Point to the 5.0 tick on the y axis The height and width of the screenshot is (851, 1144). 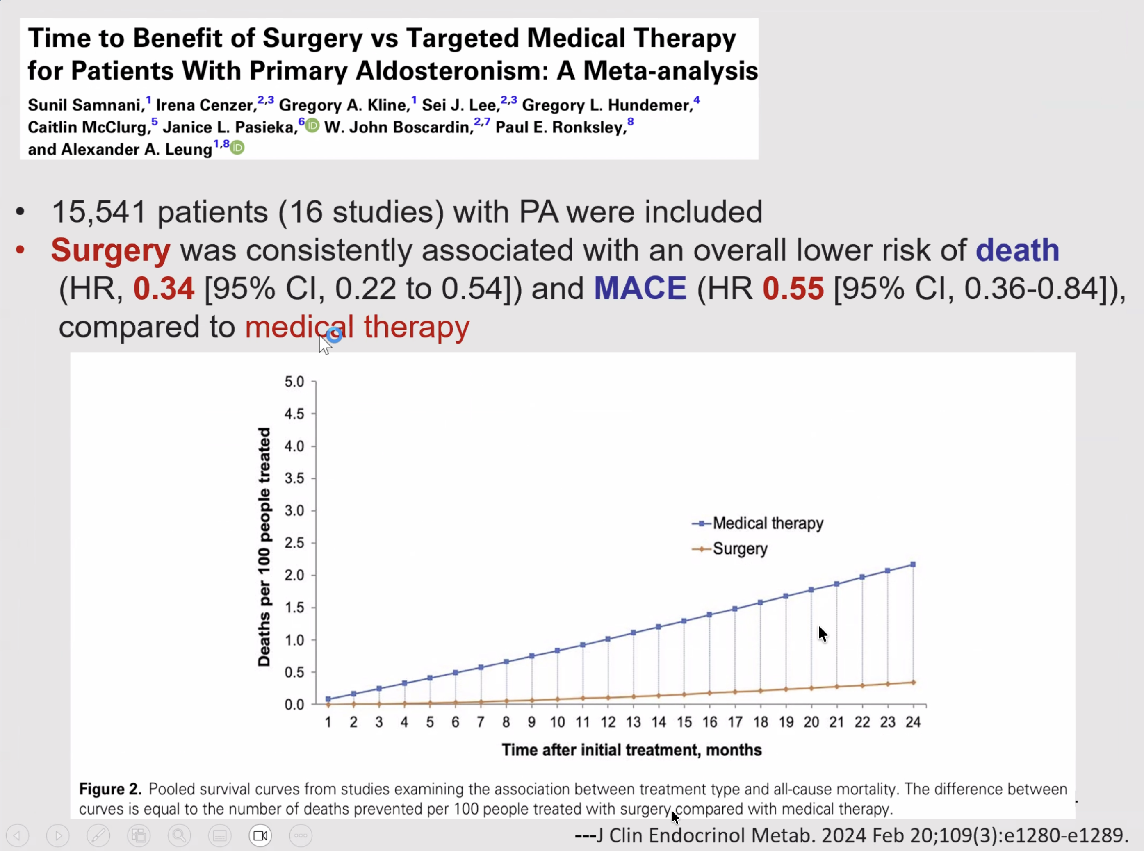pyautogui.click(x=294, y=382)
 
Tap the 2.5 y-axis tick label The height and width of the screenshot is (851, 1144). pyautogui.click(x=294, y=543)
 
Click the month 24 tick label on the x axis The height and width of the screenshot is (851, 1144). pyautogui.click(x=913, y=722)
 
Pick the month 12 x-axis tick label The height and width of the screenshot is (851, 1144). pyautogui.click(x=608, y=722)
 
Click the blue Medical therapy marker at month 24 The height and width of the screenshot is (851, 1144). pyautogui.click(x=913, y=564)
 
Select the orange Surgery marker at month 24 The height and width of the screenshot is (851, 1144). pyautogui.click(x=913, y=683)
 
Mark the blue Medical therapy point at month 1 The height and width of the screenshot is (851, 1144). pyautogui.click(x=328, y=699)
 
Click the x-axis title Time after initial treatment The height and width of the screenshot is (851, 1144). pyautogui.click(x=631, y=750)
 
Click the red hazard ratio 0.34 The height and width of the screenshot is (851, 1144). pyautogui.click(x=164, y=289)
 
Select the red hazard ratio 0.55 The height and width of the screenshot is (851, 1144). pyautogui.click(x=793, y=289)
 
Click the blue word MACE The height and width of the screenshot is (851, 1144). pyautogui.click(x=640, y=289)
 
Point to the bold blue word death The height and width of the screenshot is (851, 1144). pyautogui.click(x=1017, y=250)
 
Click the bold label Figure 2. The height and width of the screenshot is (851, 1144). pyautogui.click(x=110, y=789)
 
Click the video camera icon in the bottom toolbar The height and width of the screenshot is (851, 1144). pyautogui.click(x=260, y=835)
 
